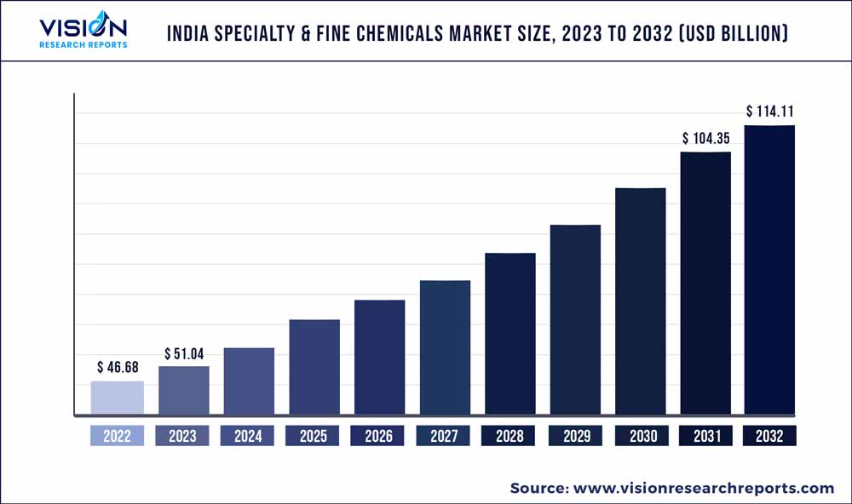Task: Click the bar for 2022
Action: [x=118, y=398]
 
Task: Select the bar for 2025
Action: [x=314, y=368]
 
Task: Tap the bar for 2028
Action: [x=510, y=335]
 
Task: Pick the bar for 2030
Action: [x=641, y=302]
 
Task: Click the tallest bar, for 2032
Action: [x=770, y=271]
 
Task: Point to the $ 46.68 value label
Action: [x=118, y=368]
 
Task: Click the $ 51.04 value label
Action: [x=184, y=353]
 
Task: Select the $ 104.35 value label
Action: [x=705, y=138]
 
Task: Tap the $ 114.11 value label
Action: [x=770, y=112]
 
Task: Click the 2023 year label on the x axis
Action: [x=182, y=436]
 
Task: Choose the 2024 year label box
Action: [x=248, y=436]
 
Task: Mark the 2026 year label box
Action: [x=378, y=436]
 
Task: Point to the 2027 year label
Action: [x=444, y=436]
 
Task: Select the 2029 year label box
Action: [x=575, y=436]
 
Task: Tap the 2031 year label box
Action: [x=705, y=436]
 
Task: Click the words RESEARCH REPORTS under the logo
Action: [x=83, y=44]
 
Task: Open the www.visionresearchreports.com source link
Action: [x=703, y=488]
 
